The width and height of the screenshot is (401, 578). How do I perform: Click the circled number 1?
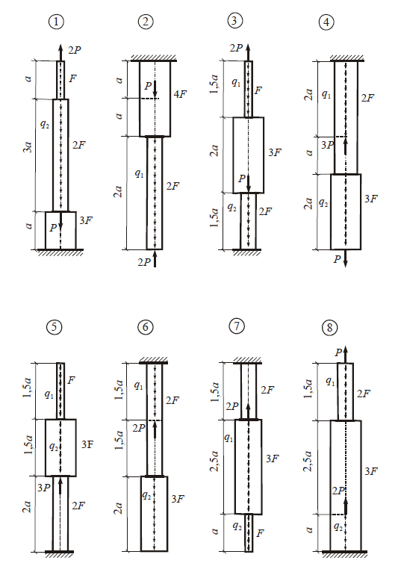click(x=56, y=22)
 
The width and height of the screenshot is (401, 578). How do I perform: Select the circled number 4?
click(x=326, y=22)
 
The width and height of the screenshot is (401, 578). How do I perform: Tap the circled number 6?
click(x=145, y=327)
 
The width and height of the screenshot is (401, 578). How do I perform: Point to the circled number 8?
click(x=329, y=327)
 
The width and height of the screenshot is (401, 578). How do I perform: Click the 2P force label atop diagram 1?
click(x=75, y=50)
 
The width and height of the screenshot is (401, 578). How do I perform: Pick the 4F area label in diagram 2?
click(x=180, y=94)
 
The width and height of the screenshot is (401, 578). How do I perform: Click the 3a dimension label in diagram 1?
click(x=28, y=146)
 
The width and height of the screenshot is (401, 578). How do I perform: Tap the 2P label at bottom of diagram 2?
click(x=144, y=262)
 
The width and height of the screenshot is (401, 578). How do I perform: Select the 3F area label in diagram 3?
click(x=275, y=152)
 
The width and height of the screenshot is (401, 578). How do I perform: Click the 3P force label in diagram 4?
click(x=327, y=145)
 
